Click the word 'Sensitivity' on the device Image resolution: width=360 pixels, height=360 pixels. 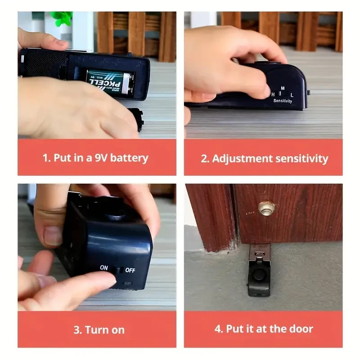coord(283,101)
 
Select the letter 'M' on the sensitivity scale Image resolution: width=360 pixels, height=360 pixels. coord(282,88)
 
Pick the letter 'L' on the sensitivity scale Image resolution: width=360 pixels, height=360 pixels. coord(292,95)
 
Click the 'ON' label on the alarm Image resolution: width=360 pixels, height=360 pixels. coord(104,268)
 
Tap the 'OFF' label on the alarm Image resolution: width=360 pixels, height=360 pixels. coord(130,270)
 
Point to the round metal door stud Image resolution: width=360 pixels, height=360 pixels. coord(266,207)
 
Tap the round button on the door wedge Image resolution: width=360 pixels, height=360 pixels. coord(260,275)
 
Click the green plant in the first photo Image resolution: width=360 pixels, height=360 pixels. coord(62,18)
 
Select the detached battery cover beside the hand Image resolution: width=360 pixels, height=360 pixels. coord(135,119)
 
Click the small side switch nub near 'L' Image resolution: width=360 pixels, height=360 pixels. coord(309,93)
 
